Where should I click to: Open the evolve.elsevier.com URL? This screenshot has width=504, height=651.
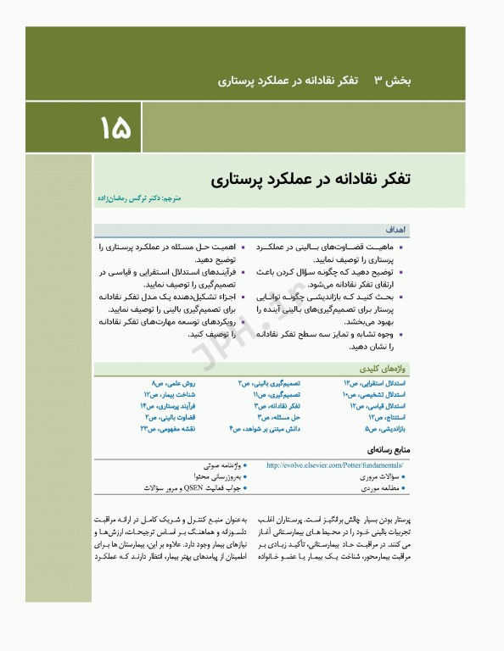pos(334,465)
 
